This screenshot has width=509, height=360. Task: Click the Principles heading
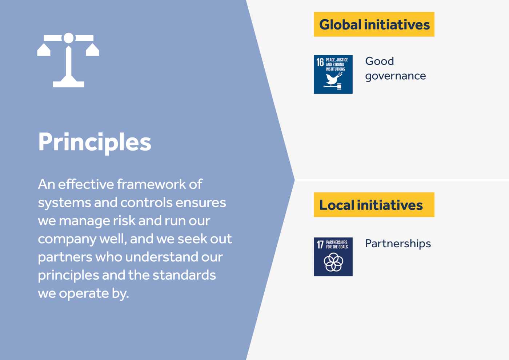[x=95, y=143]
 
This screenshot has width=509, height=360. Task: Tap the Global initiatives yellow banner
[x=374, y=24]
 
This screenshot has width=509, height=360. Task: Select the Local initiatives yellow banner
[x=374, y=205]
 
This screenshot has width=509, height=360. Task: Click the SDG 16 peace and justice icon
[x=333, y=74]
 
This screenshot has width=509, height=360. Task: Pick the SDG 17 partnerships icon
[x=333, y=257]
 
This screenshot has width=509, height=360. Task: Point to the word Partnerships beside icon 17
[x=398, y=244]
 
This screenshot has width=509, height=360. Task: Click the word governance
[x=396, y=76]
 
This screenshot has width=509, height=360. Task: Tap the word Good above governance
[x=380, y=61]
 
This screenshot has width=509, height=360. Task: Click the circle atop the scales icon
[x=68, y=38]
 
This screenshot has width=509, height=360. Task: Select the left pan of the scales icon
[x=44, y=50]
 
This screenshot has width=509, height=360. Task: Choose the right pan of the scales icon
[x=92, y=50]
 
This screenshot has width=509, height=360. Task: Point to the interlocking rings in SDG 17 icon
[x=333, y=262]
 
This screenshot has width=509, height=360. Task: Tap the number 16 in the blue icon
[x=320, y=62]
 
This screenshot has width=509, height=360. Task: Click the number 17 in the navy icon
[x=320, y=245]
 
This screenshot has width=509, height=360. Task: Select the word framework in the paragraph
[x=151, y=184]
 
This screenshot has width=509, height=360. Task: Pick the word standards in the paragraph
[x=184, y=275]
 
